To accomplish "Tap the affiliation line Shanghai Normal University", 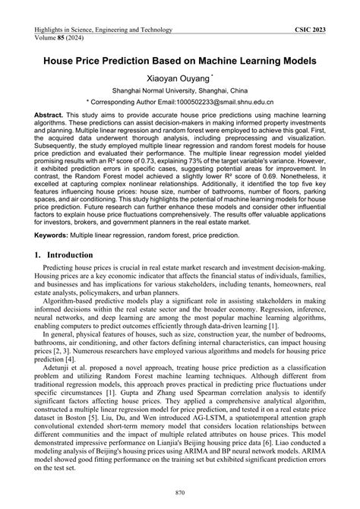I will click(179, 91).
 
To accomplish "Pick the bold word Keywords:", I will click(55, 236).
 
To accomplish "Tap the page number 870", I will click(179, 493).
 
